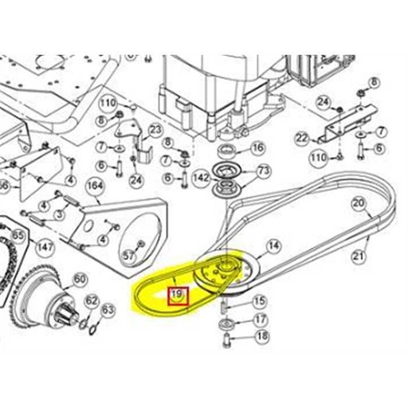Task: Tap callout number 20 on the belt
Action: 359,204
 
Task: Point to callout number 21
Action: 359,256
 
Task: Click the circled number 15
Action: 258,301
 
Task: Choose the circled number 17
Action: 258,320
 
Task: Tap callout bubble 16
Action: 257,148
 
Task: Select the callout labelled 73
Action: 264,171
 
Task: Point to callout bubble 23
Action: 155,130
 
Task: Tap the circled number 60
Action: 80,279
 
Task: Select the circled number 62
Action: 92,300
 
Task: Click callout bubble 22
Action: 301,138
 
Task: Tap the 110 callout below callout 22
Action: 317,159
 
